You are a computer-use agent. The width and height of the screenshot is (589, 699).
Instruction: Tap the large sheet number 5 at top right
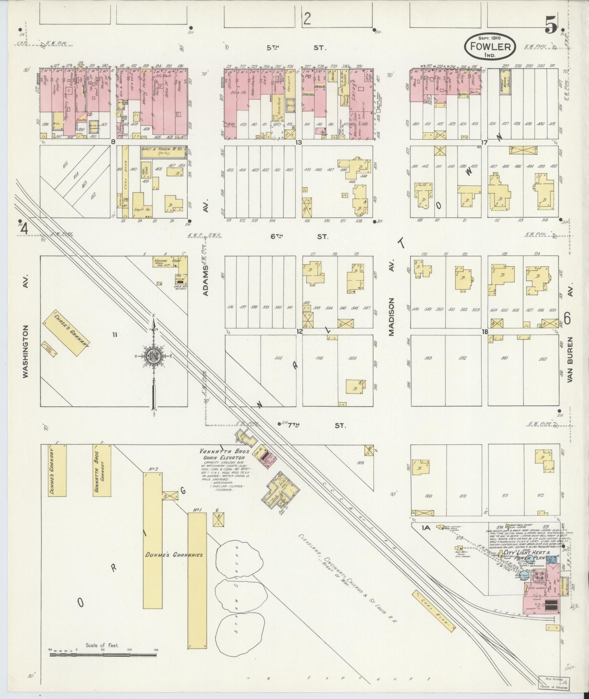(x=551, y=26)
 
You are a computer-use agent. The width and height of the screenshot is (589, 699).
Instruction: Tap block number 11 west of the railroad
(x=115, y=335)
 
